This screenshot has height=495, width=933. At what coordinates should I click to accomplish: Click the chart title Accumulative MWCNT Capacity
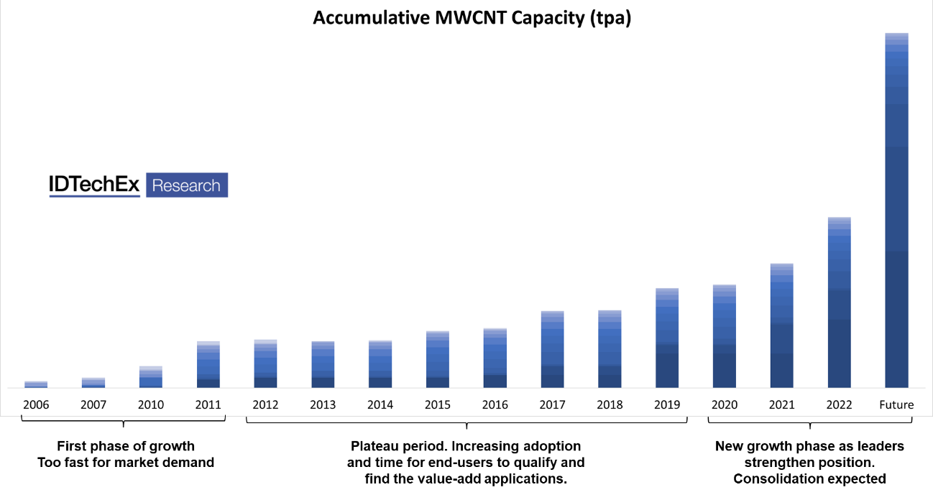pyautogui.click(x=472, y=18)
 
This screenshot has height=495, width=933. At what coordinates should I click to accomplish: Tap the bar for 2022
pyautogui.click(x=839, y=302)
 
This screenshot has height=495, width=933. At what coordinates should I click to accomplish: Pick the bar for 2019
pyautogui.click(x=667, y=338)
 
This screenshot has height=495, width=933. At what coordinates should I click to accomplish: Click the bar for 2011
pyautogui.click(x=208, y=364)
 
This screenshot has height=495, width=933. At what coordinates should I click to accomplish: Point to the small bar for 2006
pyautogui.click(x=36, y=384)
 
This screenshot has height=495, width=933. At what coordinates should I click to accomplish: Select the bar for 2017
pyautogui.click(x=552, y=349)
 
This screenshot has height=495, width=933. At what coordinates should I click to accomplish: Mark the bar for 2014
pyautogui.click(x=380, y=364)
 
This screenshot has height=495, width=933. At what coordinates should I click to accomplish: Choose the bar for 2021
pyautogui.click(x=782, y=325)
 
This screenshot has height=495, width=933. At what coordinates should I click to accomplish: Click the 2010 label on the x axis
pyautogui.click(x=151, y=404)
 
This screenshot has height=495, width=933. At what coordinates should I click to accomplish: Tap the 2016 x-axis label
pyautogui.click(x=495, y=404)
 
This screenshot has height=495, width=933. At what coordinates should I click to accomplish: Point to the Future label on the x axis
pyautogui.click(x=896, y=404)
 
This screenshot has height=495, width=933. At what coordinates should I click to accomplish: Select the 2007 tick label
pyautogui.click(x=93, y=404)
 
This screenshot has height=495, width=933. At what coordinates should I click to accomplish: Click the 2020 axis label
pyautogui.click(x=725, y=404)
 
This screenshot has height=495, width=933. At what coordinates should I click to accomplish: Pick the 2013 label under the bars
pyautogui.click(x=323, y=404)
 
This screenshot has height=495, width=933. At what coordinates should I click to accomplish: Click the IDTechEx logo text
pyautogui.click(x=94, y=185)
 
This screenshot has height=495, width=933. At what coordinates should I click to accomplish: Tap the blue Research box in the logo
pyautogui.click(x=187, y=185)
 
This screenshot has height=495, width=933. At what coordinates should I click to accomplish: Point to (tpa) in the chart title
pyautogui.click(x=610, y=18)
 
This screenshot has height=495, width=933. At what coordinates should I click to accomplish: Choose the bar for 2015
pyautogui.click(x=438, y=359)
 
